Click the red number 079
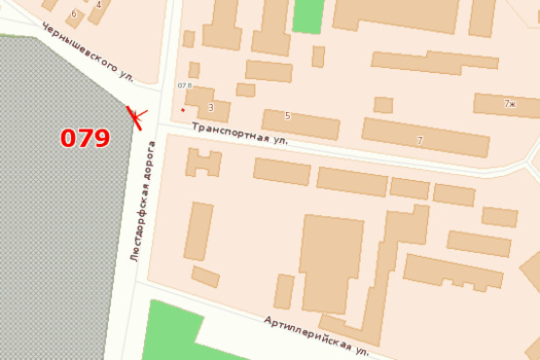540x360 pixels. point(86,138)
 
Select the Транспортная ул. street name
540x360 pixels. point(240,133)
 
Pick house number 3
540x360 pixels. point(211,107)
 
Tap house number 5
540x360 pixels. point(287,116)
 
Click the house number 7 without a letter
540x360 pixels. point(419,141)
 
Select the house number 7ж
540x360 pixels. point(511,103)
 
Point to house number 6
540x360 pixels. point(74,14)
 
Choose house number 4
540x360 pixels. point(98,5)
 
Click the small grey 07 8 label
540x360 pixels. point(184,86)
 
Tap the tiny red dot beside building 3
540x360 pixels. point(182,110)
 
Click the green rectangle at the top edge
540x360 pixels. point(307,16)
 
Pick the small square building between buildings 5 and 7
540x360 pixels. point(383,104)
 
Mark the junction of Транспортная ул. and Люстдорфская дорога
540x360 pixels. point(160,125)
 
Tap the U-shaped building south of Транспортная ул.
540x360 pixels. point(203,162)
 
